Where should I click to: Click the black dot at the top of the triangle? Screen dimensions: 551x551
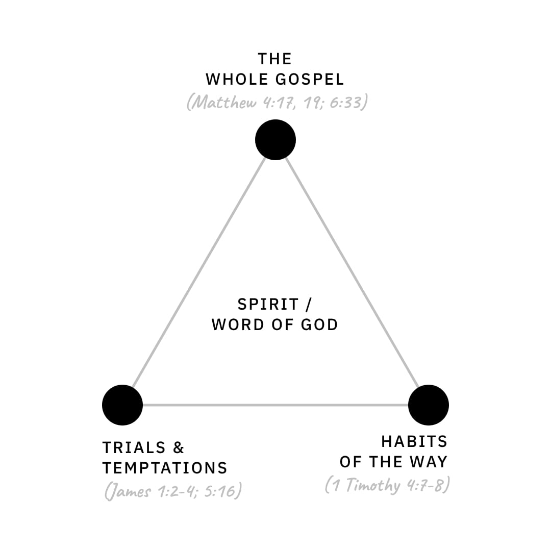coord(275,140)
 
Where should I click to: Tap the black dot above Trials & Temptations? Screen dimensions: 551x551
coord(122,405)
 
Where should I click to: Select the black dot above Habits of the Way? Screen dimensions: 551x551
coord(429,405)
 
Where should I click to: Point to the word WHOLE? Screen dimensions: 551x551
coord(235,80)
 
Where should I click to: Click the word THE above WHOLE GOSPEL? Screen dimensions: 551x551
coord(275,59)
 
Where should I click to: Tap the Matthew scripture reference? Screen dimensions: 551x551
coord(277,103)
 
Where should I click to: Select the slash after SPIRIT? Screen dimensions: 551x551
coord(308,305)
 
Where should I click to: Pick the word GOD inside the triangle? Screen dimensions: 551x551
coord(319,325)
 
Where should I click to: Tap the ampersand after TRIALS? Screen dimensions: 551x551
coord(179,448)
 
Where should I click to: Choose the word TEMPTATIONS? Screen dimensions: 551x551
coord(165,468)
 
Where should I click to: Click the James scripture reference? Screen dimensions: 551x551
coord(173,491)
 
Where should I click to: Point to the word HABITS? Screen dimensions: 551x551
coord(414,441)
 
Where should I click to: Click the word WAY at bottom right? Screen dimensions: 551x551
coord(428,462)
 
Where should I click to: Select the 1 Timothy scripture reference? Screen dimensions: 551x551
coord(387,485)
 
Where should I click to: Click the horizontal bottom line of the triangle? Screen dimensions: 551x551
coord(275,405)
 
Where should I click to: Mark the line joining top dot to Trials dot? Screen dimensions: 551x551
coord(199,272)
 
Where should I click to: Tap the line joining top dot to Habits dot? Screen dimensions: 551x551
coord(352,272)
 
